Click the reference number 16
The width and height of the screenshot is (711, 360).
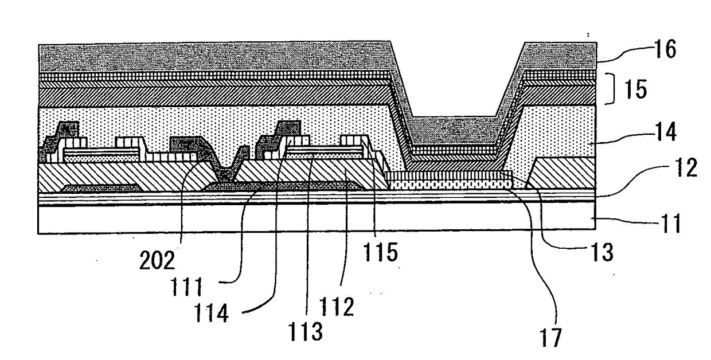665,50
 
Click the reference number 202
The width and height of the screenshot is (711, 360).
158,262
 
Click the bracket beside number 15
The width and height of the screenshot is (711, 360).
613,90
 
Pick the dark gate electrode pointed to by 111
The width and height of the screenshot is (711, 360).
281,185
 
